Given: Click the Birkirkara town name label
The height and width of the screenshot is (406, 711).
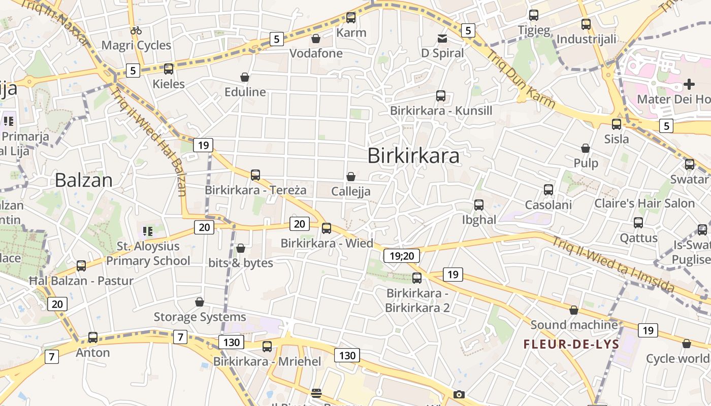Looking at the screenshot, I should [x=413, y=156].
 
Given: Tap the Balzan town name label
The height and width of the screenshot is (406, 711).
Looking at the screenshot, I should [x=83, y=180].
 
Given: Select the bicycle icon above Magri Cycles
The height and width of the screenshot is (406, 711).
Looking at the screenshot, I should [x=136, y=30].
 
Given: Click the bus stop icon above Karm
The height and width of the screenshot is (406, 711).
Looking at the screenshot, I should [x=351, y=18].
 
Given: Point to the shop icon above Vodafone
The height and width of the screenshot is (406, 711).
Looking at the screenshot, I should [x=316, y=39].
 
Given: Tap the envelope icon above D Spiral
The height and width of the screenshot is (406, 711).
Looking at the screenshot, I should [x=442, y=39].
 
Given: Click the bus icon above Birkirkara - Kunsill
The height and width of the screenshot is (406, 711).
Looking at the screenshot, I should [x=441, y=96].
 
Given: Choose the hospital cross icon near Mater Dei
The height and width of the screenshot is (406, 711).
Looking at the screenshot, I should [x=689, y=84].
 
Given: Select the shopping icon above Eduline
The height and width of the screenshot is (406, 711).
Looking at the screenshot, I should [x=245, y=77].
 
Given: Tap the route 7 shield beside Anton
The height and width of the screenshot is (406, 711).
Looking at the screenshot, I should [x=51, y=356].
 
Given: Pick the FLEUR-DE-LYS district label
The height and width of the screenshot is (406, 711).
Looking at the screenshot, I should [x=571, y=345].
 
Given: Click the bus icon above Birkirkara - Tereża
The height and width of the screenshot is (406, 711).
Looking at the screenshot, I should [x=255, y=175].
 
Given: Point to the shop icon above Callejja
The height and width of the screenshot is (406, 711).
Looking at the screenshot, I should [x=350, y=177].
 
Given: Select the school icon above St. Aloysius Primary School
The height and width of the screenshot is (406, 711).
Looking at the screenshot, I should [x=148, y=232].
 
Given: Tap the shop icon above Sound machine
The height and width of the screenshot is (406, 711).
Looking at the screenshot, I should [x=574, y=310].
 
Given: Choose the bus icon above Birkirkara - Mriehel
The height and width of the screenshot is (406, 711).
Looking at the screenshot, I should [x=267, y=347].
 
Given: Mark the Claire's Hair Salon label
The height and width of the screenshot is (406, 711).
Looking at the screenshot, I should [x=644, y=204].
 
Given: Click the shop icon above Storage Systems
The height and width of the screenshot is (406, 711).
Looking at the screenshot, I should [x=200, y=302].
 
